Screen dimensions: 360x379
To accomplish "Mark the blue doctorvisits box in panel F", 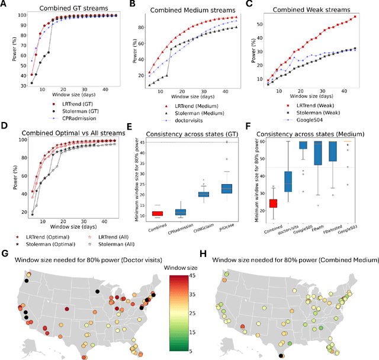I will [x=288, y=181].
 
